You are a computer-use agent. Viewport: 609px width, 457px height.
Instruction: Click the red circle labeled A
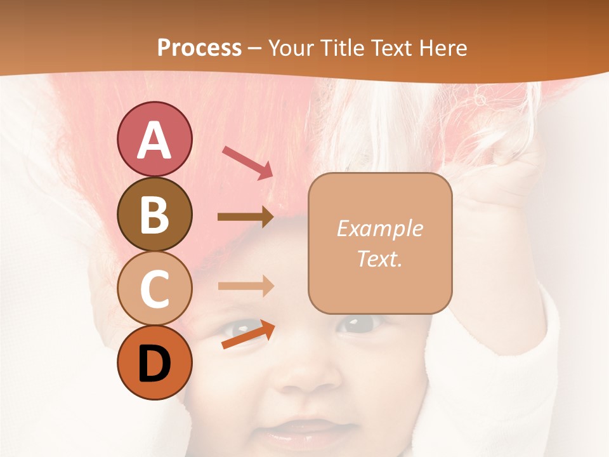(154, 139)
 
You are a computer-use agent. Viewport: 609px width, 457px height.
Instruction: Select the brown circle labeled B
(154, 214)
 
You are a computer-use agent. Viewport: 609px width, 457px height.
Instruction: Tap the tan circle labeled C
(154, 288)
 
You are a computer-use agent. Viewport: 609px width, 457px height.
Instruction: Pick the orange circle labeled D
(154, 362)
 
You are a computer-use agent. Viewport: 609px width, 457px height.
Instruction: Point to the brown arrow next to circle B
(246, 216)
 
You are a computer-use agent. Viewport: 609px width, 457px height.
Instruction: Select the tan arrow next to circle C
(246, 286)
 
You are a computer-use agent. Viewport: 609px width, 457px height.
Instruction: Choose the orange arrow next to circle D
(248, 335)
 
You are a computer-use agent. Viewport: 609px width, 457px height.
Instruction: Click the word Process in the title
(199, 48)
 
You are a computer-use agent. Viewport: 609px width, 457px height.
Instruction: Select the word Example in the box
(379, 228)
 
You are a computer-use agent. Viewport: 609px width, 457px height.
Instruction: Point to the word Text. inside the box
(379, 258)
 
